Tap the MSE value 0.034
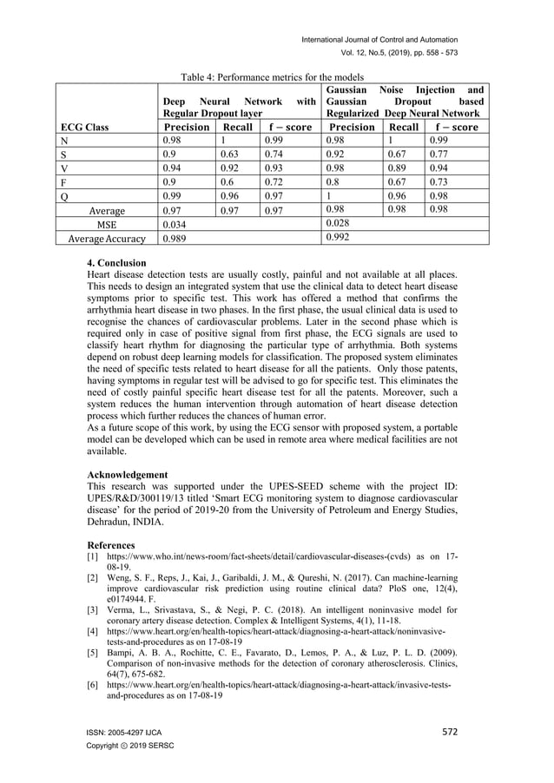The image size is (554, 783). (177, 224)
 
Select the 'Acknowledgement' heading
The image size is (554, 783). (129, 476)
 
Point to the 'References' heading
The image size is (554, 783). (111, 544)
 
